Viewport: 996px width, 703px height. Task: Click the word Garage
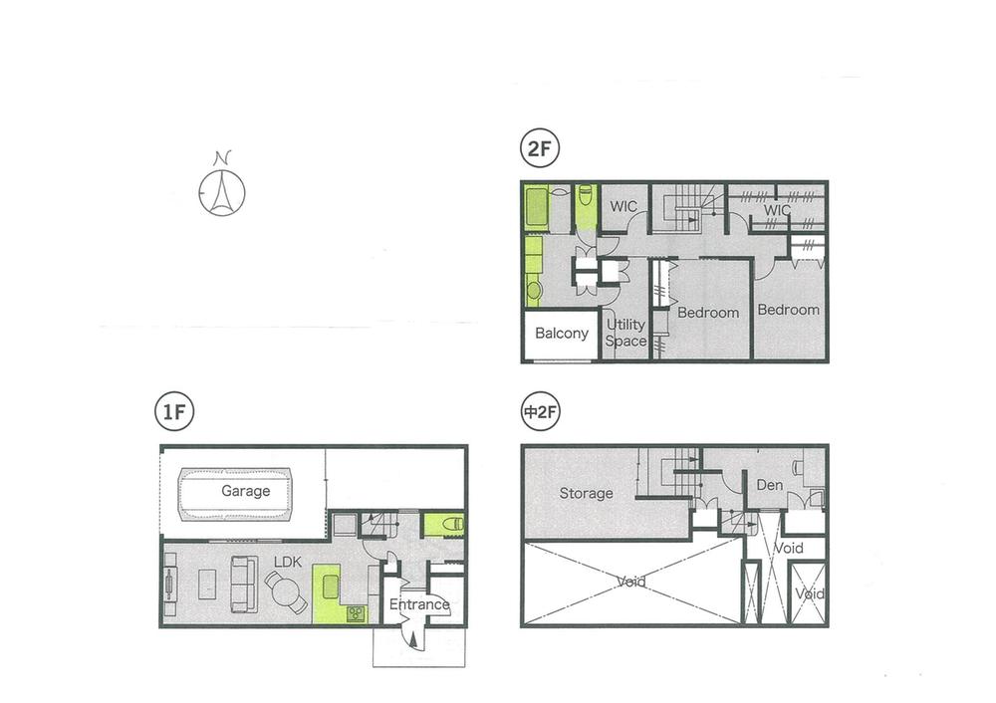point(245,491)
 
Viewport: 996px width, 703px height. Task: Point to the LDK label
point(288,563)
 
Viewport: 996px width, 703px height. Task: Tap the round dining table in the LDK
point(288,595)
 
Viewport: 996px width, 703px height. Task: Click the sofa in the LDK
point(242,584)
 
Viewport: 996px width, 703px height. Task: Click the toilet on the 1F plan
point(444,522)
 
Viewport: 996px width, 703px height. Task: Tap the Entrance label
point(419,604)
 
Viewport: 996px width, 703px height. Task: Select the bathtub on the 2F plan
point(536,206)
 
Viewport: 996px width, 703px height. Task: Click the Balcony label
point(561,333)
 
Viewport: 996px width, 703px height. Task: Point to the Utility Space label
point(625,333)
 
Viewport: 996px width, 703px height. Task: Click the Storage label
point(586,493)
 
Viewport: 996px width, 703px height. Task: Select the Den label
point(768,486)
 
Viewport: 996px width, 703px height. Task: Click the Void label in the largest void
point(631,582)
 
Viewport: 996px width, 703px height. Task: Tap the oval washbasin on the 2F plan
point(533,290)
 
